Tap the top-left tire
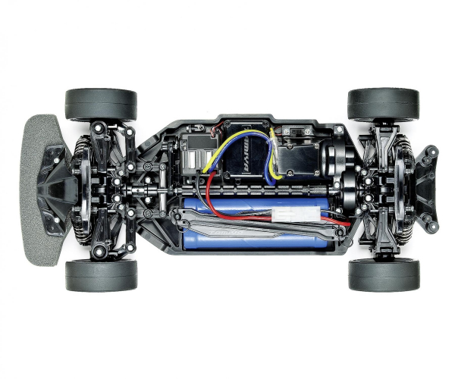[x=100, y=104]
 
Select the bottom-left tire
[x=100, y=275]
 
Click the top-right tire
[x=383, y=104]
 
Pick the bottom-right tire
[x=383, y=275]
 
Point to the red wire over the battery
[x=227, y=213]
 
